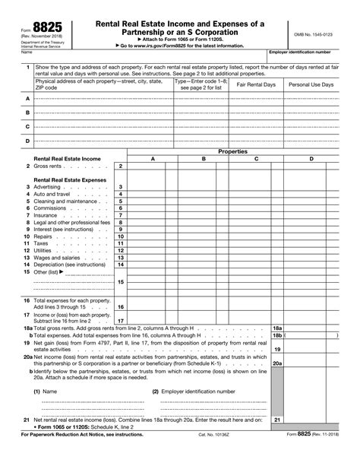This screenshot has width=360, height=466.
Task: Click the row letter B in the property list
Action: pos(28,113)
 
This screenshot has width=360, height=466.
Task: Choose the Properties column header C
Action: pos(256,158)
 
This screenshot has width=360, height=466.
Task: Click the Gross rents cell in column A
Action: pos(153,166)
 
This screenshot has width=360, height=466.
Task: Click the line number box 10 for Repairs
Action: pos(120,236)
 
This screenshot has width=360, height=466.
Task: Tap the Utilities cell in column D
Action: pos(311,250)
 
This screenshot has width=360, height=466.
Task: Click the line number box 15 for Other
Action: pos(120,281)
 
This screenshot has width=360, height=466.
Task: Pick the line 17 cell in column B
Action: pos(204,320)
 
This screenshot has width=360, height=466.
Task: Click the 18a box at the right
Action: pos(277,327)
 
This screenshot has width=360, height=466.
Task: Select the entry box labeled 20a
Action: pos(277,363)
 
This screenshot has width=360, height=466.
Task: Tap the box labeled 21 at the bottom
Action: pos(277,440)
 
